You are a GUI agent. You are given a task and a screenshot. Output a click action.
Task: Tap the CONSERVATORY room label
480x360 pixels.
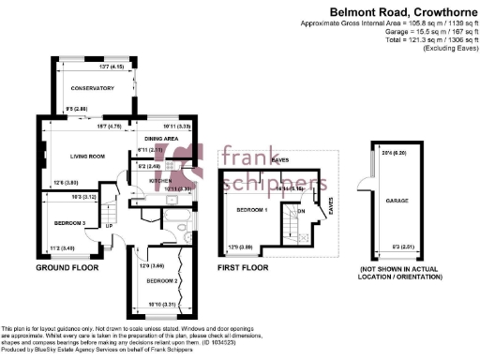pyautogui.click(x=92, y=88)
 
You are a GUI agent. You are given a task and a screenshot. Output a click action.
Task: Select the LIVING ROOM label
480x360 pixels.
pyautogui.click(x=85, y=156)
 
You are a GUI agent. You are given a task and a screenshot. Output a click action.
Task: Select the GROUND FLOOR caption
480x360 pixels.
pyautogui.click(x=67, y=268)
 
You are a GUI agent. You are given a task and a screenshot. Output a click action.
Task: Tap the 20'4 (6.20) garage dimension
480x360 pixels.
pyautogui.click(x=393, y=153)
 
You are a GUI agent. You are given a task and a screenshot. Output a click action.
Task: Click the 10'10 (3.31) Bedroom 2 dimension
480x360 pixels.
pyautogui.click(x=164, y=305)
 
